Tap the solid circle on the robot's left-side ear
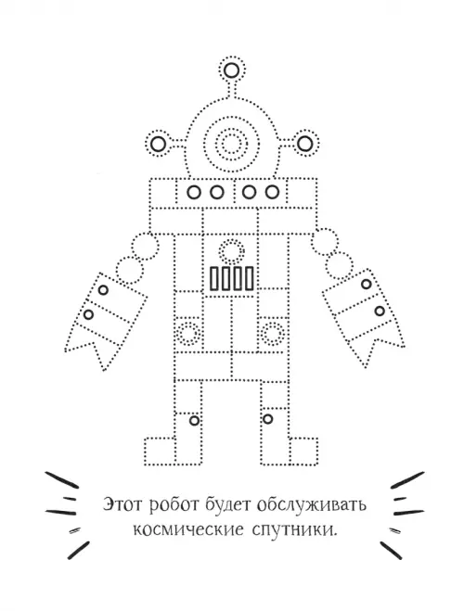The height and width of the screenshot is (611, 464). [159, 145]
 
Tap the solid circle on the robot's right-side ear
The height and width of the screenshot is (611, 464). [305, 144]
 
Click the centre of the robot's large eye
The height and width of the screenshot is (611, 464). [232, 144]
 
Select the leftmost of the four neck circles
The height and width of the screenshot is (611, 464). [194, 192]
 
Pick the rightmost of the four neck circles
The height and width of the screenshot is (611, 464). [272, 192]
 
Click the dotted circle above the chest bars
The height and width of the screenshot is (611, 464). [232, 251]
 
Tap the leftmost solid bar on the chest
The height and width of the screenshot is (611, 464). [214, 278]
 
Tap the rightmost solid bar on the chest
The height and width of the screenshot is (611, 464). [250, 278]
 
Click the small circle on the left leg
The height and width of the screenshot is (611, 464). [194, 421]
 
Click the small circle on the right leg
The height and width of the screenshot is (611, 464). [267, 419]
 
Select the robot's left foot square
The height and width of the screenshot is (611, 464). [160, 452]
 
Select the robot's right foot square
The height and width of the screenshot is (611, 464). [303, 452]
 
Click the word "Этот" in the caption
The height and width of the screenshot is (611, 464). [124, 504]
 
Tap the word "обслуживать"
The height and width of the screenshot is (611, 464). [312, 505]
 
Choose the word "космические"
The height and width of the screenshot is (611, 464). [188, 530]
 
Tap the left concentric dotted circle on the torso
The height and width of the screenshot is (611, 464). [188, 334]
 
